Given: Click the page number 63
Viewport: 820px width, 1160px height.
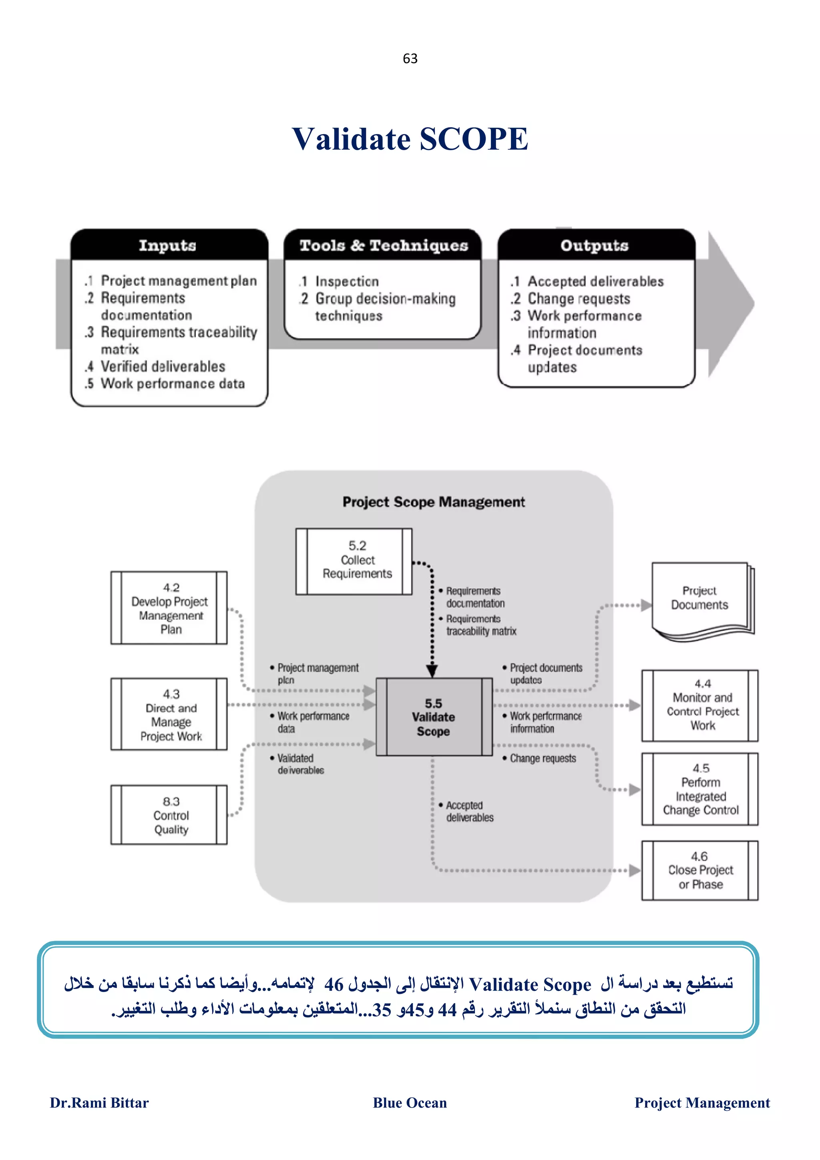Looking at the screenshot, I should coord(410,58).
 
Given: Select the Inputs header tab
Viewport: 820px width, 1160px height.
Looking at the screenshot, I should coord(168,245).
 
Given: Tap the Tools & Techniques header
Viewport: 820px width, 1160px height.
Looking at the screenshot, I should coord(383,245).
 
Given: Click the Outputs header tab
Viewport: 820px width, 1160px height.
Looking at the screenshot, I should coord(595,245).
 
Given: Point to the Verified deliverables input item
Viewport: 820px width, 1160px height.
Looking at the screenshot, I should coord(163,366).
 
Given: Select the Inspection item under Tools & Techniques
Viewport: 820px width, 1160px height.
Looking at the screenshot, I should coord(347,281).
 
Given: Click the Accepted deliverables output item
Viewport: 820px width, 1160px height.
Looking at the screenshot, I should coord(595,281).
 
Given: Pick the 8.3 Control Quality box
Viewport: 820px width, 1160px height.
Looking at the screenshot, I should coord(170,815).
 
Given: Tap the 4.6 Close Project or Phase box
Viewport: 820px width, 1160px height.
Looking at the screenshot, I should coord(700,870).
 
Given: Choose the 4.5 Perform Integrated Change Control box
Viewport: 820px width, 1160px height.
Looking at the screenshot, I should coord(700,789).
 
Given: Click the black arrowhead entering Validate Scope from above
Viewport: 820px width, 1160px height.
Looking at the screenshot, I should coord(432,671).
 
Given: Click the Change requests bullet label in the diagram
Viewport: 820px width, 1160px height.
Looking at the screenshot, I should coord(542,759).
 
